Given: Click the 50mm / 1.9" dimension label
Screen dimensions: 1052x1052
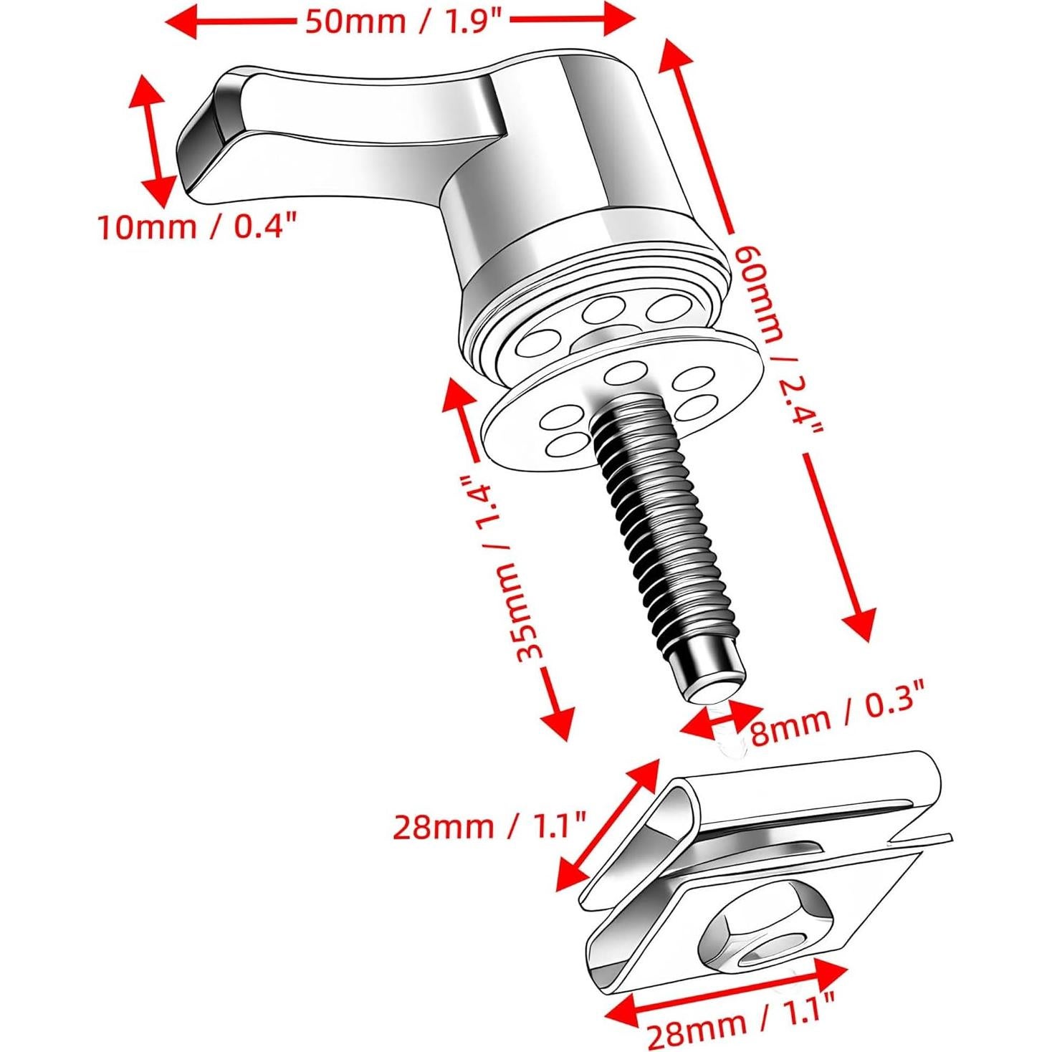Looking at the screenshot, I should coord(406,21).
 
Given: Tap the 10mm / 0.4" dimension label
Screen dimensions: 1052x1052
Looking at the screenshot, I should coord(197,227).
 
